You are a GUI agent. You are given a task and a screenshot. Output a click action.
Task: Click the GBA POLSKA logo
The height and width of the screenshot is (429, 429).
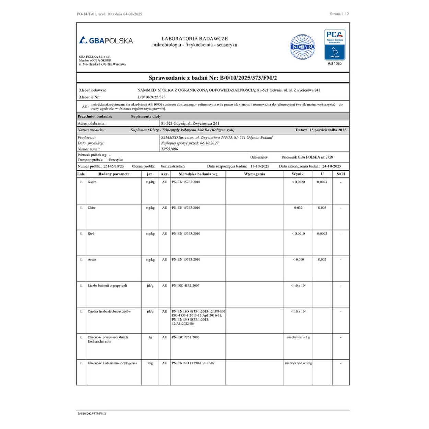(x=106, y=40)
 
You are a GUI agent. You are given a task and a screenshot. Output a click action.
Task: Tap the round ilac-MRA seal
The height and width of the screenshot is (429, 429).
(x=302, y=47)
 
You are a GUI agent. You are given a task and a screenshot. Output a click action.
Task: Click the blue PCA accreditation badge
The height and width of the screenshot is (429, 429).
(x=335, y=45)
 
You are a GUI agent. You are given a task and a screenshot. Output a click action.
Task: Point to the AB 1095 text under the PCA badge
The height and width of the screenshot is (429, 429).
(x=335, y=63)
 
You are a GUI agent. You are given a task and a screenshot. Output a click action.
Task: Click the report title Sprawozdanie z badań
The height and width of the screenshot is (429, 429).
(x=212, y=78)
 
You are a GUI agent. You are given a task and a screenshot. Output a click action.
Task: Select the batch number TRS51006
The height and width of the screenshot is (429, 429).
(x=170, y=149)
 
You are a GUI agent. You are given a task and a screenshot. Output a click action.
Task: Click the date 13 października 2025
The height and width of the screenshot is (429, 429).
(x=328, y=130)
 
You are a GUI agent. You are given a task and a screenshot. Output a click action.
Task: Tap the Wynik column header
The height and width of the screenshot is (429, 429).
(x=298, y=174)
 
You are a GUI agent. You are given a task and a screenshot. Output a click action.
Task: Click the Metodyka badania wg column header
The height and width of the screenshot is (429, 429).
(x=198, y=174)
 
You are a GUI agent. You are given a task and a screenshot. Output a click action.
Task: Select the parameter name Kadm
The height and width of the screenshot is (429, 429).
(x=92, y=182)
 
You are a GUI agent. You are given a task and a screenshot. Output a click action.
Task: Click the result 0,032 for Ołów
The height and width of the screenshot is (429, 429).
(x=298, y=208)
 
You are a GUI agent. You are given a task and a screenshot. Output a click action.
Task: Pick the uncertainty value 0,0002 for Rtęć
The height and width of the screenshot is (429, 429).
(x=322, y=234)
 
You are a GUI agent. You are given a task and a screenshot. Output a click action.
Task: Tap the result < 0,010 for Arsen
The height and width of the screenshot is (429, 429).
(x=298, y=259)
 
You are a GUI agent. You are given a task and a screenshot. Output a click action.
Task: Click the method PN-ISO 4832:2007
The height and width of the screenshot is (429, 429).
(x=186, y=286)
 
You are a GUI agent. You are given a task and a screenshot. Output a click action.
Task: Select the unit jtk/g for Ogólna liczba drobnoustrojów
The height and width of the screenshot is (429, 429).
(x=150, y=312)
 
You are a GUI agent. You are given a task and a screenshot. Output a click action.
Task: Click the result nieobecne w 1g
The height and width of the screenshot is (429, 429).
(x=298, y=337)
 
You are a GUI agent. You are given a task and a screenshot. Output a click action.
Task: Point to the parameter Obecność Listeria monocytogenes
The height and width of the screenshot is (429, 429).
(x=112, y=363)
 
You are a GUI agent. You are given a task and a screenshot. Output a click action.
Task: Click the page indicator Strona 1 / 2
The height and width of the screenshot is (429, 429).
(x=339, y=14)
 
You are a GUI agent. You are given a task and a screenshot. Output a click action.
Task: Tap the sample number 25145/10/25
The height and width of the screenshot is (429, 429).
(x=114, y=166)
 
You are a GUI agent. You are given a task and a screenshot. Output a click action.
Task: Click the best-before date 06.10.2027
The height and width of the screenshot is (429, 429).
(x=209, y=143)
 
